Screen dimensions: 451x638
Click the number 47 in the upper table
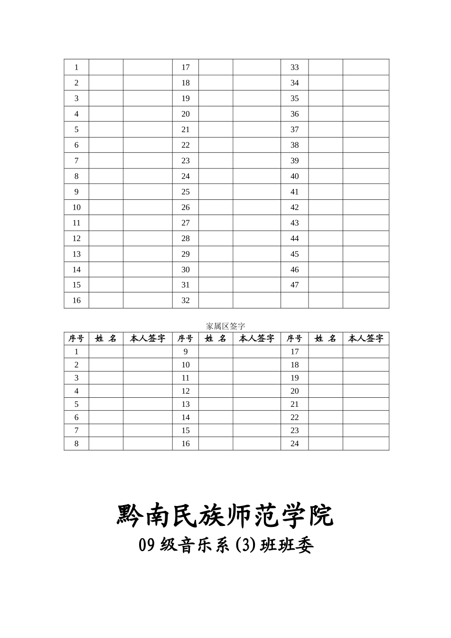click(x=294, y=285)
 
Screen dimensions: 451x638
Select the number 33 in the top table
click(x=294, y=67)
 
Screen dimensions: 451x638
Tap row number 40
click(x=294, y=176)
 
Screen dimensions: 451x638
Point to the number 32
click(x=185, y=300)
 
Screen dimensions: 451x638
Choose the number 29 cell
click(x=185, y=254)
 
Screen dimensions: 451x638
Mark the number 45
click(x=294, y=254)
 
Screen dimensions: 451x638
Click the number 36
click(x=294, y=114)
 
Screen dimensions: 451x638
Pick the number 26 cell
click(x=185, y=207)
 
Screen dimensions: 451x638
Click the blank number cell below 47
click(x=294, y=300)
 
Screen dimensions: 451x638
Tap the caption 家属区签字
click(x=225, y=326)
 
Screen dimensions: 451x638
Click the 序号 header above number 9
click(x=185, y=338)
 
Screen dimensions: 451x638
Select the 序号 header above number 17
click(x=294, y=338)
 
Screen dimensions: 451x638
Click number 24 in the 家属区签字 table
click(x=294, y=443)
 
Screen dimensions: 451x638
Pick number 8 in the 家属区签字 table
click(x=76, y=443)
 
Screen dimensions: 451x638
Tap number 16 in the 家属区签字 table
click(x=185, y=443)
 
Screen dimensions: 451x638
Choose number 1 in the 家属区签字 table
click(x=76, y=352)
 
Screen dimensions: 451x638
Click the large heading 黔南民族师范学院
click(x=225, y=516)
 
